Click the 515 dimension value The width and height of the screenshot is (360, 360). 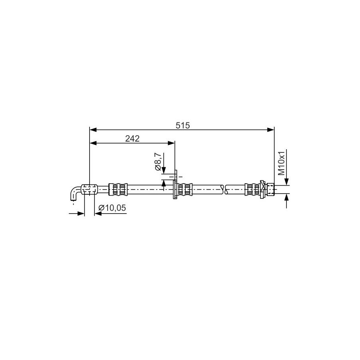pos(183,125)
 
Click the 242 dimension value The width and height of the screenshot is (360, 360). pos(132,138)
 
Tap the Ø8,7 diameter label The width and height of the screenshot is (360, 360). pos(158,162)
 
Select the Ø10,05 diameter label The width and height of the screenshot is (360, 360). pos(112,208)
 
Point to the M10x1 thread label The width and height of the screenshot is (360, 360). pos(281,163)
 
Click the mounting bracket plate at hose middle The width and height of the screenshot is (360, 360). pos(176,184)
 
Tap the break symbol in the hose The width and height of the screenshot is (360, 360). pos(224,190)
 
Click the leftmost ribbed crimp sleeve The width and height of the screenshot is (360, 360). pos(118,189)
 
